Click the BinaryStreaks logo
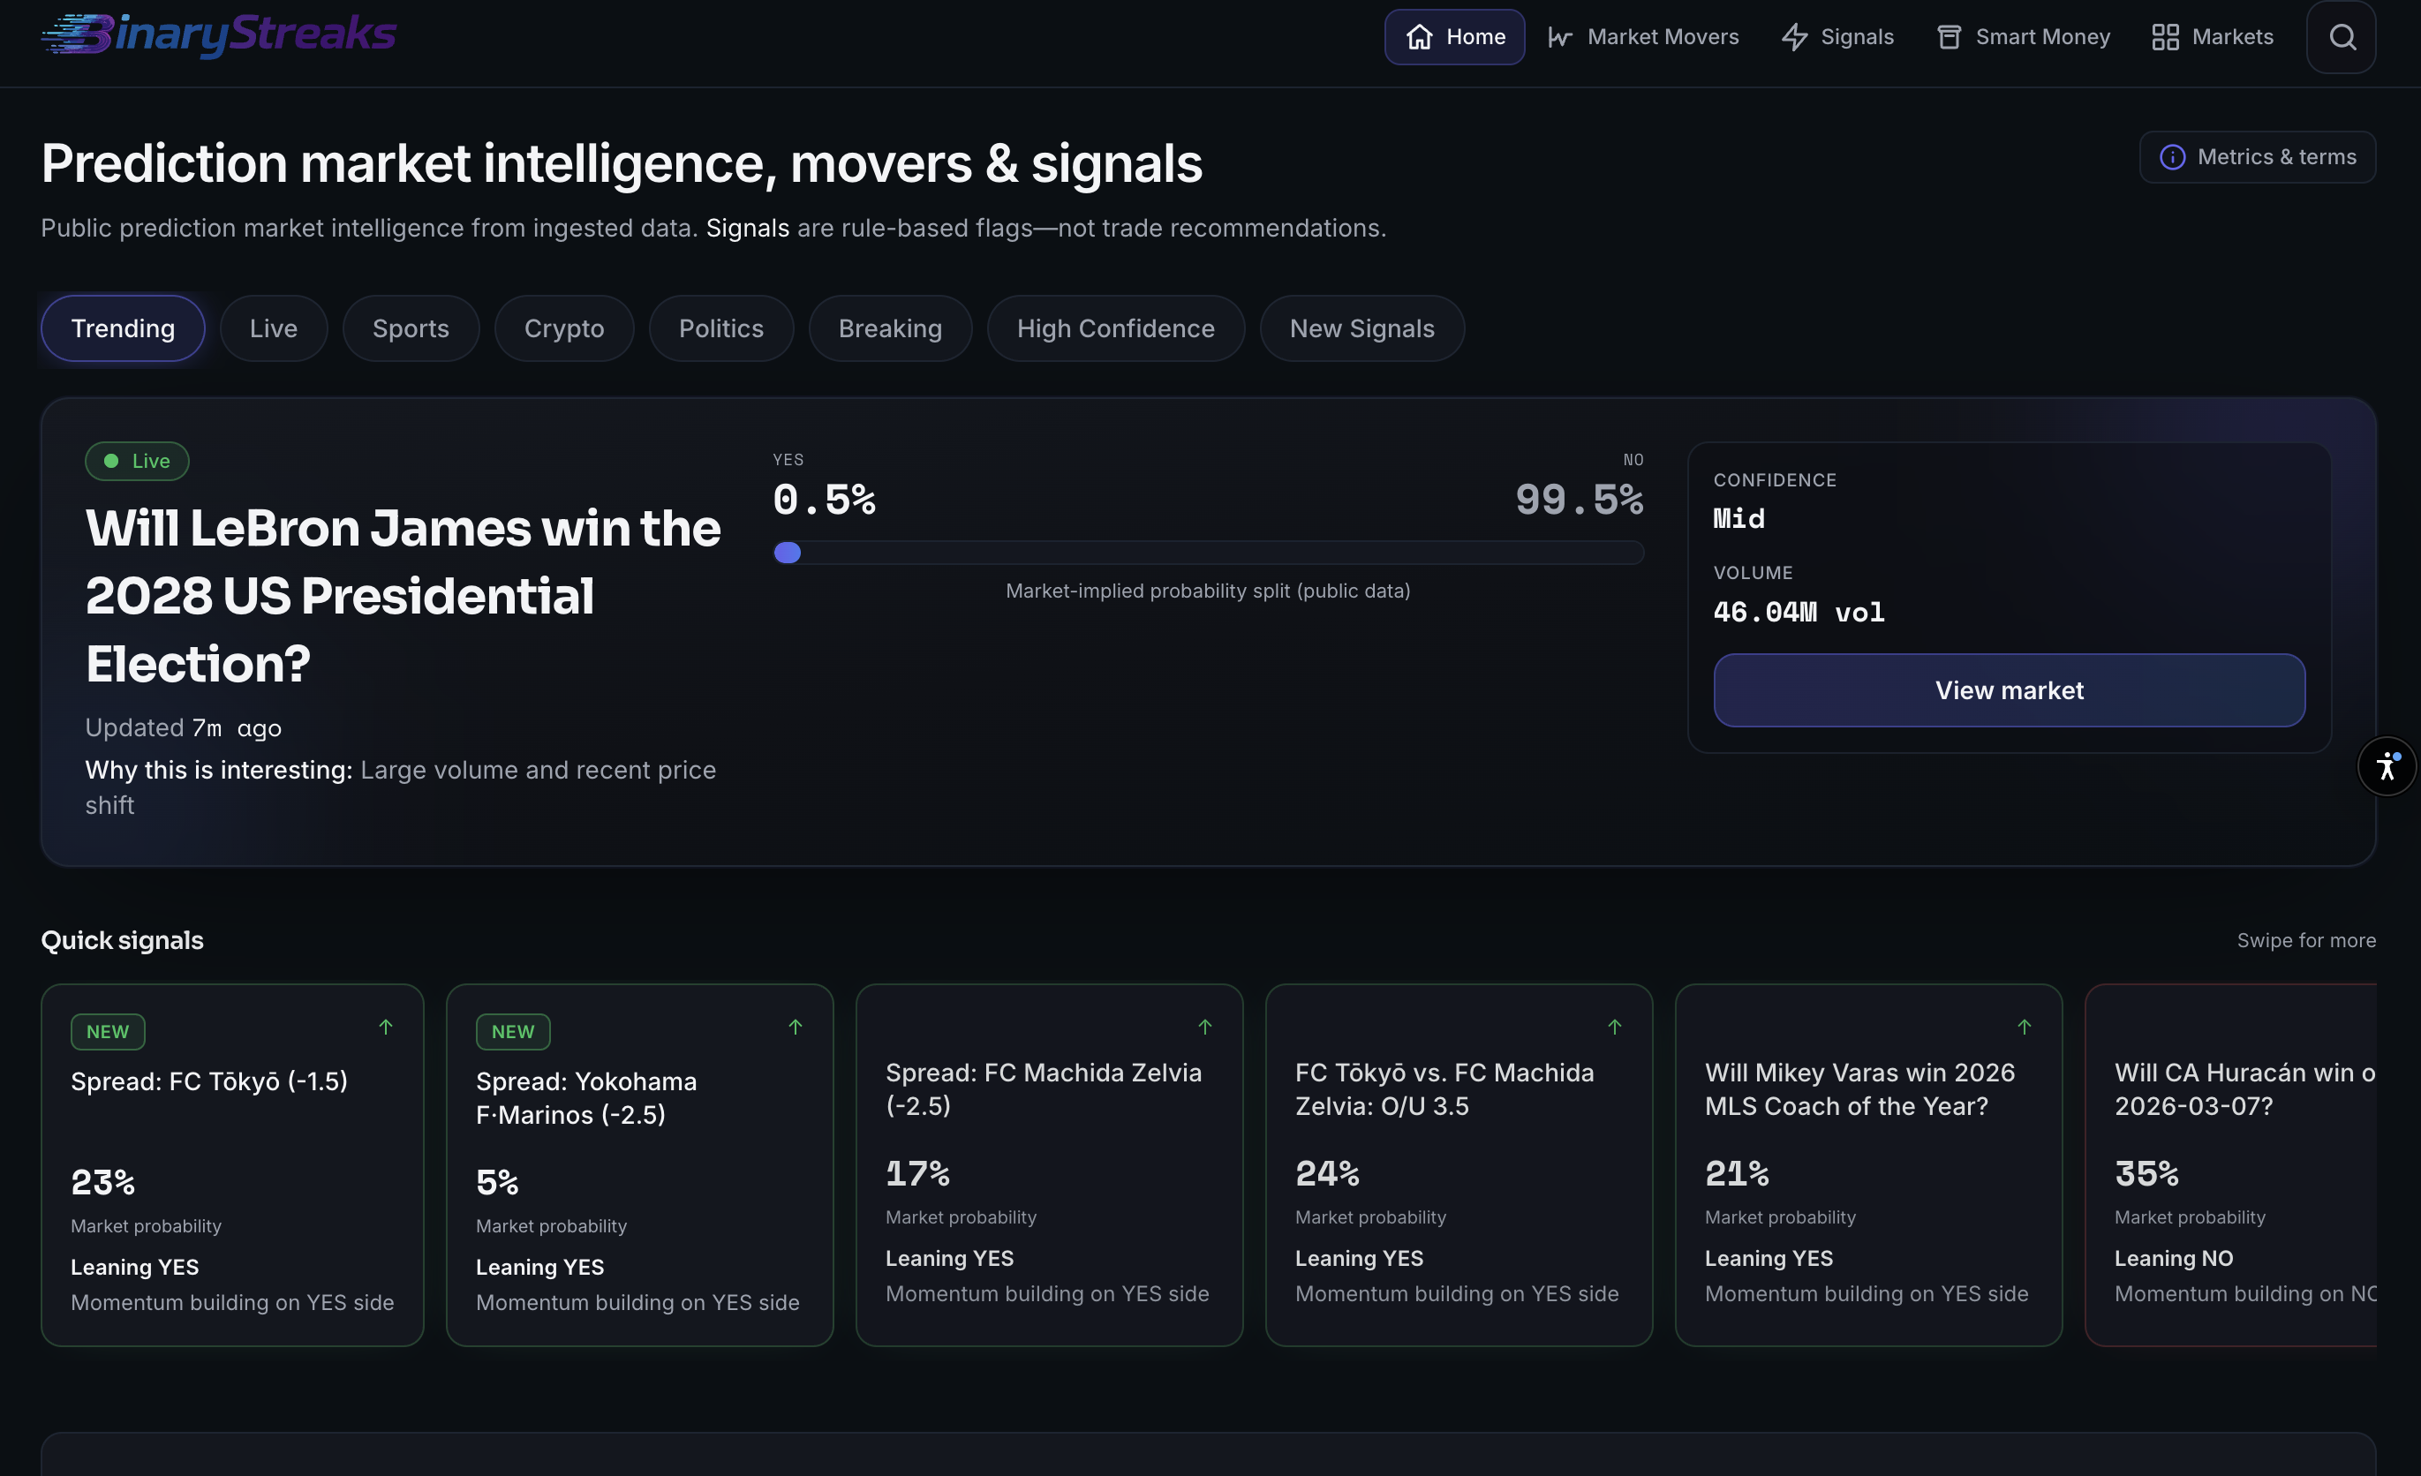tap(218, 34)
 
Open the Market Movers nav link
tap(1643, 37)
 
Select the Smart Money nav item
tap(2022, 37)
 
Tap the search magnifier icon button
tap(2342, 37)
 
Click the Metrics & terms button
tap(2257, 157)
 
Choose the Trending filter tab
tap(123, 328)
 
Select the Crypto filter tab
tap(564, 328)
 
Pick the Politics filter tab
tap(721, 328)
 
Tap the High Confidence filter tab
tap(1115, 328)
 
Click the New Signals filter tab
tap(1361, 328)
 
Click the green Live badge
tap(138, 461)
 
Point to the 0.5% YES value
tap(824, 501)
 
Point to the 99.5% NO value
tap(1579, 501)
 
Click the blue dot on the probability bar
tap(787, 553)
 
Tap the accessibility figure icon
tap(2387, 765)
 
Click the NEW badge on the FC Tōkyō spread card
tap(108, 1032)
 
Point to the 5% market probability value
tap(497, 1182)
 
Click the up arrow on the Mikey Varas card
tap(2024, 1027)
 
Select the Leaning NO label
tap(2174, 1258)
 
